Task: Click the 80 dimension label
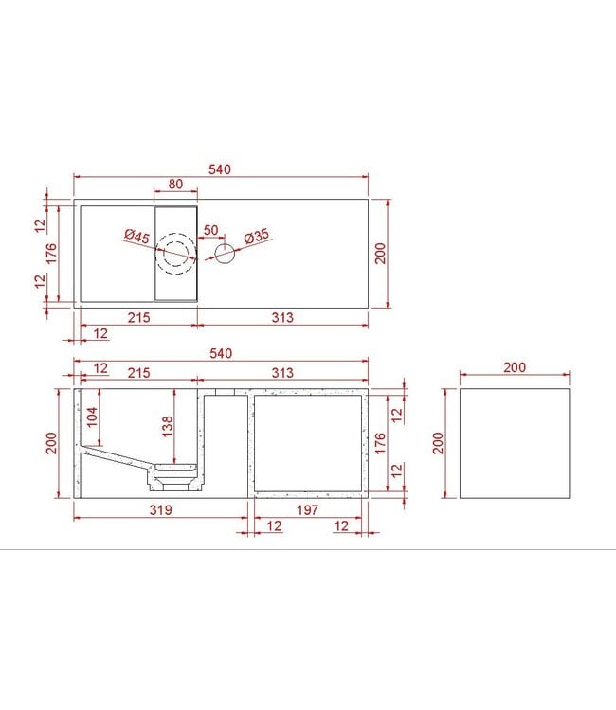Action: pos(175,184)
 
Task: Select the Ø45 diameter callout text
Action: pos(137,237)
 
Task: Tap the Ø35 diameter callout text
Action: pos(256,237)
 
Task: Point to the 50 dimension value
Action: pos(210,230)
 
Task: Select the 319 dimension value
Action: pos(161,510)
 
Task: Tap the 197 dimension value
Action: pos(306,510)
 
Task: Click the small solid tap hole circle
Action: pos(225,253)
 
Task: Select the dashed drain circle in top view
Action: pos(176,254)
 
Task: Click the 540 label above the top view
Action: pos(220,169)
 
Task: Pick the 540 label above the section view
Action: pos(220,353)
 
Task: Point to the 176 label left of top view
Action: pos(52,254)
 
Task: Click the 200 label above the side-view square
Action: pos(515,367)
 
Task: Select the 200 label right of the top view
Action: pos(381,254)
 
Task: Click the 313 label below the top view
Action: pos(281,318)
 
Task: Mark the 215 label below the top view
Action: pos(138,318)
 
